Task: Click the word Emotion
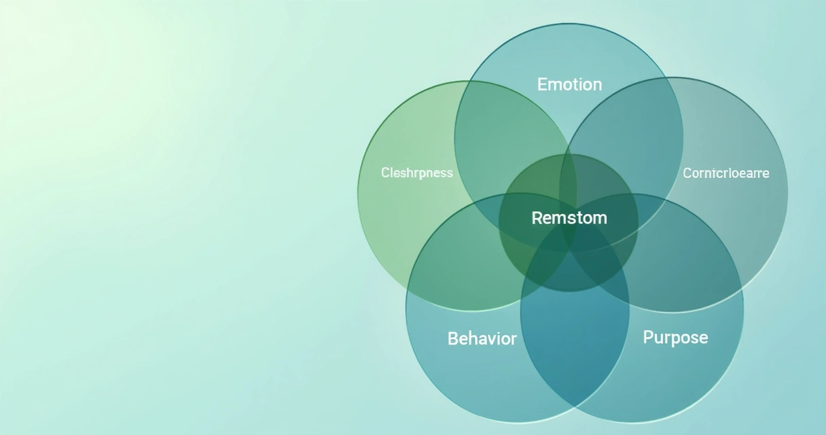point(569,84)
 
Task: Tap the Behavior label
point(482,338)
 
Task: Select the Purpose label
point(675,337)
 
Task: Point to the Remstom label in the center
point(569,218)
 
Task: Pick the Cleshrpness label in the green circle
point(417,173)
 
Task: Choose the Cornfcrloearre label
point(726,173)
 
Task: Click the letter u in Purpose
point(660,338)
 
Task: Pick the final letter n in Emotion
point(597,85)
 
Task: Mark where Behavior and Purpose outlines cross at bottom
point(575,406)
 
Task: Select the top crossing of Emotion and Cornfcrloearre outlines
point(670,79)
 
